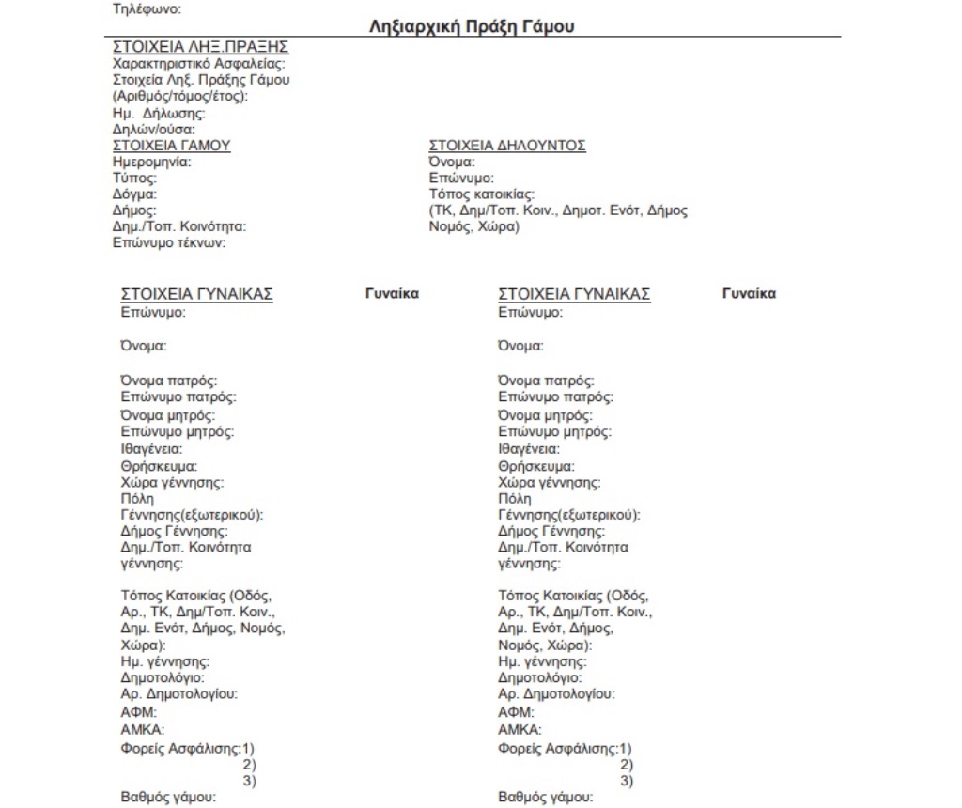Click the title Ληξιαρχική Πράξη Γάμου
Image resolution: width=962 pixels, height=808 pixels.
[x=473, y=27]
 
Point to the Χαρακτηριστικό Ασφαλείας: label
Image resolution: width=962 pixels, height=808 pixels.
[x=199, y=64]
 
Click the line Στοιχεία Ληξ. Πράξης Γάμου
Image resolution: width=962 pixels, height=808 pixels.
[x=201, y=80]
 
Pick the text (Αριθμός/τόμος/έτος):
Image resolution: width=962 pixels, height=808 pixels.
[x=179, y=96]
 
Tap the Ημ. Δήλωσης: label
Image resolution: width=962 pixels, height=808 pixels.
[x=159, y=114]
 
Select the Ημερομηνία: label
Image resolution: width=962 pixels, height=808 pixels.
[x=151, y=162]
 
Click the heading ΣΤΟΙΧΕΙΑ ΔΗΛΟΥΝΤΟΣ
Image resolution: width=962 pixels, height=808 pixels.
[x=507, y=146]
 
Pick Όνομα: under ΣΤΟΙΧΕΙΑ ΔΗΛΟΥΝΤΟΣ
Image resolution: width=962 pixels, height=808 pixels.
[x=452, y=162]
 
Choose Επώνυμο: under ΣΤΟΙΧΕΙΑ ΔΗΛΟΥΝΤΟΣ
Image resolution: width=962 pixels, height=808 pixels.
[x=461, y=178]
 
